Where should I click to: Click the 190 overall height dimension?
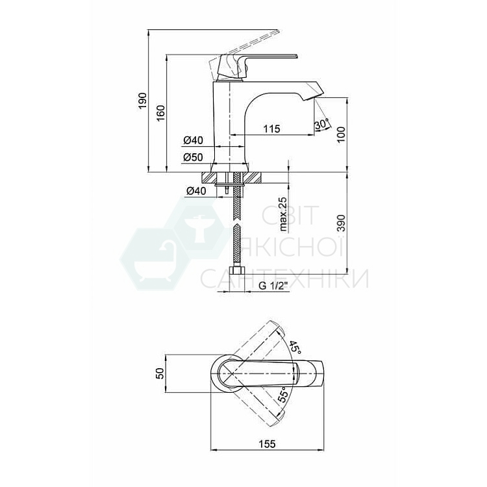point(143,100)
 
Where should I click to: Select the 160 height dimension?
point(161,113)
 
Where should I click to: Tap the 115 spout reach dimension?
point(272,129)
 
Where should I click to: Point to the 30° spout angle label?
point(321,124)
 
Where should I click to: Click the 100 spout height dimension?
point(341,134)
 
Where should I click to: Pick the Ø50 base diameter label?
point(193,157)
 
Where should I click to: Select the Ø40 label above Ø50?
point(193,140)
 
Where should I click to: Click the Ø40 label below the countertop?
point(196,191)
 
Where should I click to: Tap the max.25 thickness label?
point(283,214)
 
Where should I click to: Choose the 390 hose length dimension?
point(341,223)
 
